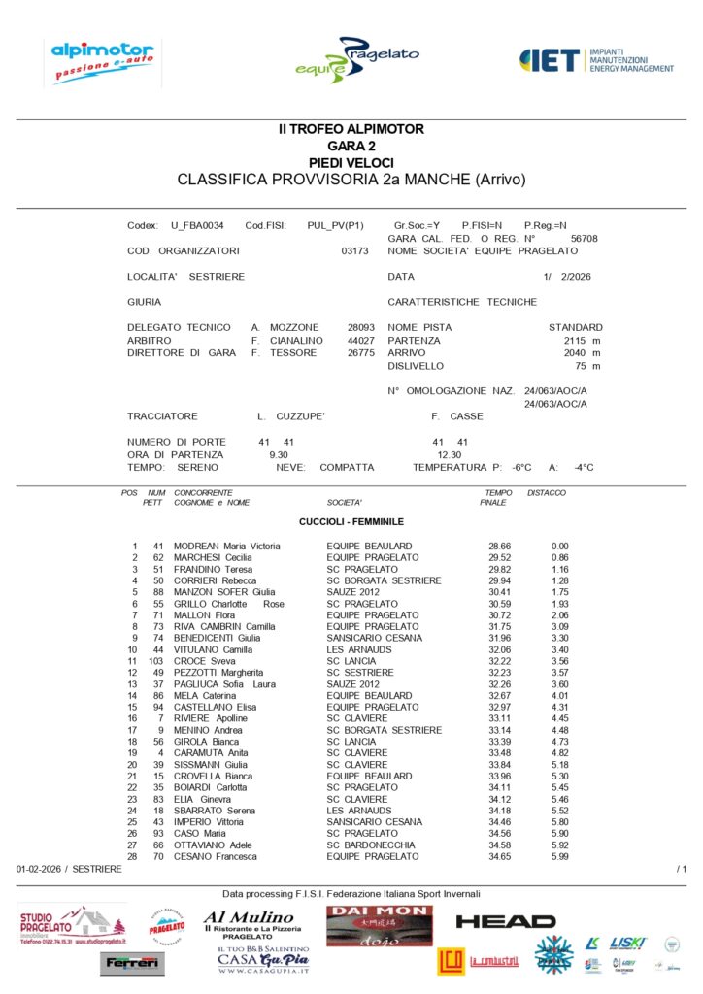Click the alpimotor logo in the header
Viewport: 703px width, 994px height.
pyautogui.click(x=101, y=61)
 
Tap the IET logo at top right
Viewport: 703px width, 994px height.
pyautogui.click(x=596, y=60)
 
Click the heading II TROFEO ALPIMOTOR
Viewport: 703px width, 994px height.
pyautogui.click(x=351, y=129)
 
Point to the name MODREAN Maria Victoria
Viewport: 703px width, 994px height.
pyautogui.click(x=226, y=547)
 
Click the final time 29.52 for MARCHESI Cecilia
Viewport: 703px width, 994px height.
pyautogui.click(x=499, y=558)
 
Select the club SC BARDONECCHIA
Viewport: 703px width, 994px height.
pyautogui.click(x=371, y=845)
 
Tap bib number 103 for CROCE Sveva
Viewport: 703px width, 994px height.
pyautogui.click(x=155, y=661)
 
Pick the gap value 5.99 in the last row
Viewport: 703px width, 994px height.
pyautogui.click(x=559, y=857)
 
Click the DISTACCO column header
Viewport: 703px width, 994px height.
pyautogui.click(x=546, y=493)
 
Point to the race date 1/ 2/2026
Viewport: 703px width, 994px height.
pyautogui.click(x=572, y=277)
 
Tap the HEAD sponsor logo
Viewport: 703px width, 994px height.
pyautogui.click(x=505, y=921)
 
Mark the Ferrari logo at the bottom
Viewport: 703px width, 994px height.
pyautogui.click(x=132, y=963)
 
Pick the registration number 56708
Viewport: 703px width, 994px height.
pyautogui.click(x=584, y=238)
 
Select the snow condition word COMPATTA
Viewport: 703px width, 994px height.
pyautogui.click(x=347, y=467)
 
